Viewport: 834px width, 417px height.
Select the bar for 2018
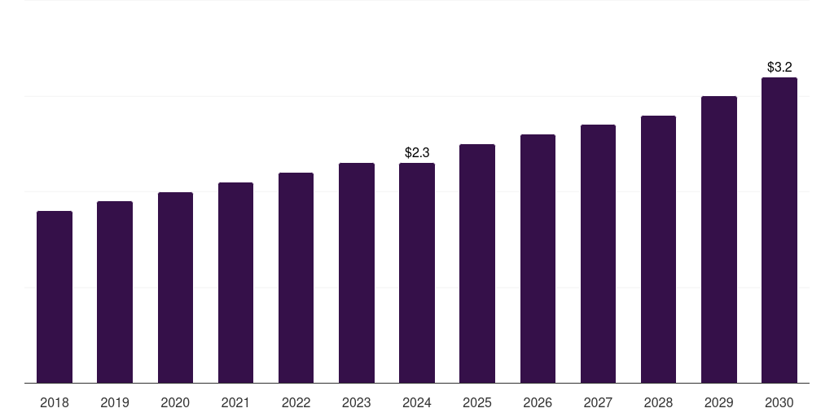(55, 297)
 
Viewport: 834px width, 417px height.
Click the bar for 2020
(175, 288)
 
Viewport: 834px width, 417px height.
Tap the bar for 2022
(296, 278)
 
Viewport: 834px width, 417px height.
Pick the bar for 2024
(417, 273)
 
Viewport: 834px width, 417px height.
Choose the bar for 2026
(538, 259)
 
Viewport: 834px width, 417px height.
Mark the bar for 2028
(658, 249)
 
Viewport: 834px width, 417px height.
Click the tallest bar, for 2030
(779, 230)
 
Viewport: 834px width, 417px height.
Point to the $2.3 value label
(417, 152)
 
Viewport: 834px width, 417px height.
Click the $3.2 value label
(779, 67)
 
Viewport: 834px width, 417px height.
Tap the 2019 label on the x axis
(115, 402)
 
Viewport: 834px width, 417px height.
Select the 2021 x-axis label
(235, 402)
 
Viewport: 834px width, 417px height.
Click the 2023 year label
(357, 402)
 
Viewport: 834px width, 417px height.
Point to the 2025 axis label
(477, 402)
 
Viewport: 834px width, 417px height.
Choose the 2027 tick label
(598, 402)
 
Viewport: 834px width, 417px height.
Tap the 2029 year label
(719, 402)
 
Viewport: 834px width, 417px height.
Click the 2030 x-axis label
(779, 402)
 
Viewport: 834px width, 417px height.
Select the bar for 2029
(719, 239)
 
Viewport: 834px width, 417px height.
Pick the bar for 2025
(477, 264)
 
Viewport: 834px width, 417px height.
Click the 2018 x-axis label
(55, 402)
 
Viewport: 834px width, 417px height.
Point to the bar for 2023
(357, 273)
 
